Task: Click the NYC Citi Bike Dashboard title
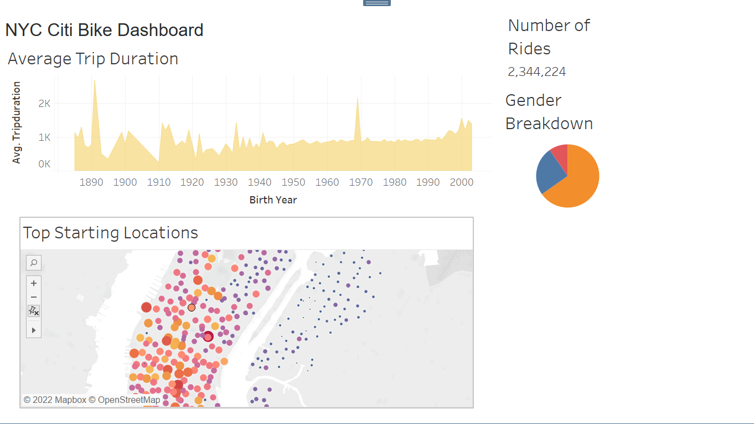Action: (104, 30)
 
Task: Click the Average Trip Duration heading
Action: (93, 59)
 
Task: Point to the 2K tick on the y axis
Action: (44, 104)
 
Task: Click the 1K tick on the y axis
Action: (44, 137)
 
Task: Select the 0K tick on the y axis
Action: (44, 164)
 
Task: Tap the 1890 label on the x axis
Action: (91, 182)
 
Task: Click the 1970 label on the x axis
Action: (361, 182)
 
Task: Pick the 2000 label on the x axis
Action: (461, 182)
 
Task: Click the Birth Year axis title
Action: (273, 200)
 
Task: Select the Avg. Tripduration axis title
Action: (17, 122)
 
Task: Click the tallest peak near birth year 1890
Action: (95, 81)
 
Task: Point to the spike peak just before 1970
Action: (358, 99)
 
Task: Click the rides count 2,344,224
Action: (536, 72)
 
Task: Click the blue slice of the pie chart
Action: (549, 172)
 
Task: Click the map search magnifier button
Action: (34, 263)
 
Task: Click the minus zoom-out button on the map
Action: (34, 297)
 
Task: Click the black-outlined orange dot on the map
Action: (192, 308)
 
